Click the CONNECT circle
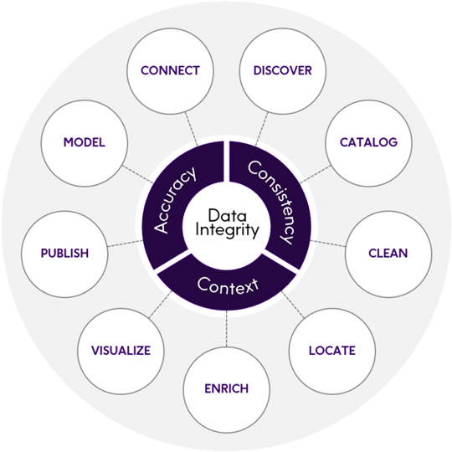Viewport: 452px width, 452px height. pyautogui.click(x=171, y=70)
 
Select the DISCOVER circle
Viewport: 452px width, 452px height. pyautogui.click(x=282, y=70)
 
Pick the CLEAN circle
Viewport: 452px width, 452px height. pyautogui.click(x=388, y=253)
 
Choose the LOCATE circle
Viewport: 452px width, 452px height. pyautogui.click(x=331, y=350)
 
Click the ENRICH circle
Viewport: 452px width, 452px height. pyautogui.click(x=226, y=388)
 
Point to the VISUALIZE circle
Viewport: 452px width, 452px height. pyautogui.click(x=120, y=350)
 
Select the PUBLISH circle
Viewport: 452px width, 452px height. pyautogui.click(x=64, y=253)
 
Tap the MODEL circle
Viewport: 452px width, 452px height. pyautogui.click(x=84, y=142)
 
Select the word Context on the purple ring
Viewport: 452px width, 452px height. pyautogui.click(x=227, y=285)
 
